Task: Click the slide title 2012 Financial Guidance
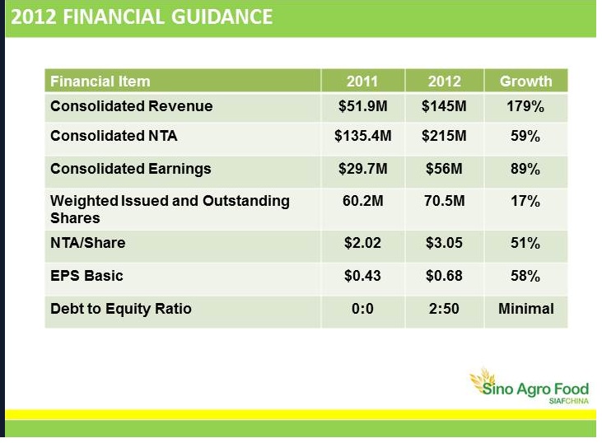tap(142, 17)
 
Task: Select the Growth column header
tap(525, 82)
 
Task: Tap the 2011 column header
tap(362, 82)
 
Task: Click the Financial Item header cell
tap(100, 82)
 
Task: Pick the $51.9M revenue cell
tap(363, 106)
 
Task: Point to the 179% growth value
tap(525, 106)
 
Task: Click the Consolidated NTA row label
tap(114, 136)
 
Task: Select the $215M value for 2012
tap(444, 136)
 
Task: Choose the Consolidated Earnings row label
tap(131, 169)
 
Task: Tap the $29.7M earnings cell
tap(363, 169)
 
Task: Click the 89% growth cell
tap(525, 169)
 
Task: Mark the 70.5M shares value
tap(444, 201)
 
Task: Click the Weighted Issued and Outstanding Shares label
tap(170, 209)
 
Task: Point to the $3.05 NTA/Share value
tap(444, 243)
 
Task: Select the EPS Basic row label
tap(86, 276)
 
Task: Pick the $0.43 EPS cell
tap(362, 276)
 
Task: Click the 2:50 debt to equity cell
tap(444, 309)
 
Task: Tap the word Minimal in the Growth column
tap(526, 309)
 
